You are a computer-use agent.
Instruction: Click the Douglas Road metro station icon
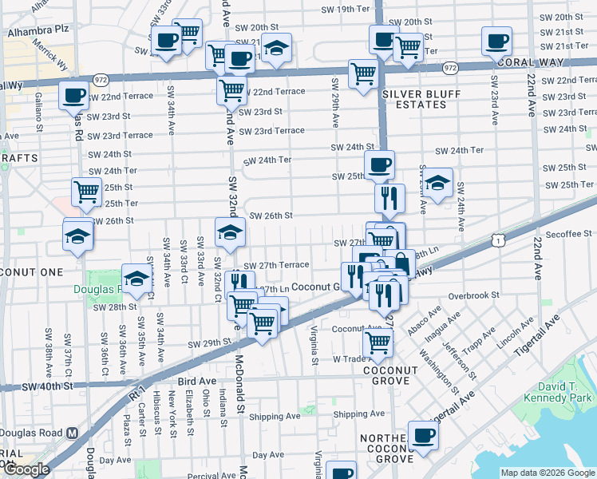tap(72, 433)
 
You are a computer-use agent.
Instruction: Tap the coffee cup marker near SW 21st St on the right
tap(496, 40)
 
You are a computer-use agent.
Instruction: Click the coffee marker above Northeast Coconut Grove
tap(422, 435)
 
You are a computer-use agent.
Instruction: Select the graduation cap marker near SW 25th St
tap(437, 183)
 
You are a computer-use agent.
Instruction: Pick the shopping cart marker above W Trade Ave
tap(378, 342)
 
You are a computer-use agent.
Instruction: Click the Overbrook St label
tap(473, 295)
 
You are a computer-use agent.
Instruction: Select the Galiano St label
tap(38, 111)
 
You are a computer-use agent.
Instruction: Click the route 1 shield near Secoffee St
tap(499, 239)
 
